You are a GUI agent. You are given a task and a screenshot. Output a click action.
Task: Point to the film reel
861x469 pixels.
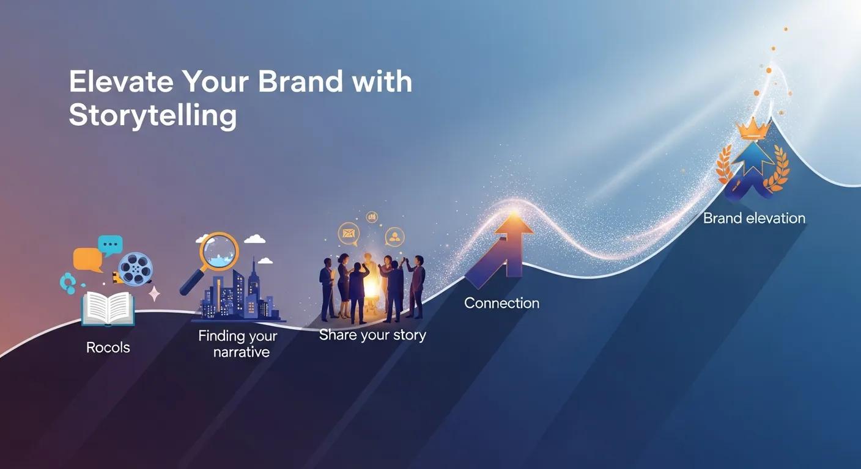[x=135, y=269]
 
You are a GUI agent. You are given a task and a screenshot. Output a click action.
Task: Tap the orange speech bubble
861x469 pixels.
[x=87, y=260]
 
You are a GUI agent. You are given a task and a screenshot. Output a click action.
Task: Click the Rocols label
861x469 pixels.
[x=108, y=347]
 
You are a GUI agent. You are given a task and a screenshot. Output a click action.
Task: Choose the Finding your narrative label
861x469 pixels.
[x=237, y=344]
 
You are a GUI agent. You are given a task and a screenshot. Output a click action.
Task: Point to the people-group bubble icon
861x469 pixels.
[x=395, y=236]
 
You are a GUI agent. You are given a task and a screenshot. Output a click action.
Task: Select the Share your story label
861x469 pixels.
[x=372, y=335]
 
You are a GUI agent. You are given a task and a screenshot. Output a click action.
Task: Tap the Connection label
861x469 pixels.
[x=501, y=303]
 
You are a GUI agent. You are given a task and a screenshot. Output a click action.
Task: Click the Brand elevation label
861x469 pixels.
[x=754, y=218]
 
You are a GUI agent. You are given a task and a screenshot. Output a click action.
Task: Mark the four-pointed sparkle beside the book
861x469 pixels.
[x=154, y=294]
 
